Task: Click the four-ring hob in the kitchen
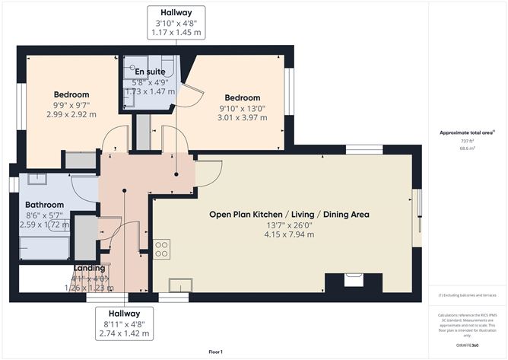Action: point(161,249)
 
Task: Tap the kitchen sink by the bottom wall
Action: point(179,285)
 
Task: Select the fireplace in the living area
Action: point(354,281)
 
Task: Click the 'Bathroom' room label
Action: point(44,205)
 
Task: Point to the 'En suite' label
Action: point(148,72)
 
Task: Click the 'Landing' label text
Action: point(89,268)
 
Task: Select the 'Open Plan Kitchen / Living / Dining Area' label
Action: point(289,215)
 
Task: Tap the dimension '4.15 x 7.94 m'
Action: point(289,234)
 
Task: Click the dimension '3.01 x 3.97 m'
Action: point(242,118)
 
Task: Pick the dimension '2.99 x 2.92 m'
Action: point(71,114)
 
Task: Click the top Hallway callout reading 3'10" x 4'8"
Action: point(176,23)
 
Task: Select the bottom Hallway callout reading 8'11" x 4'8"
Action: point(124,323)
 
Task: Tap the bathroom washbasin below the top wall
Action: point(37,180)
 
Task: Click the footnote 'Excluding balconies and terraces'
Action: point(466,295)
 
